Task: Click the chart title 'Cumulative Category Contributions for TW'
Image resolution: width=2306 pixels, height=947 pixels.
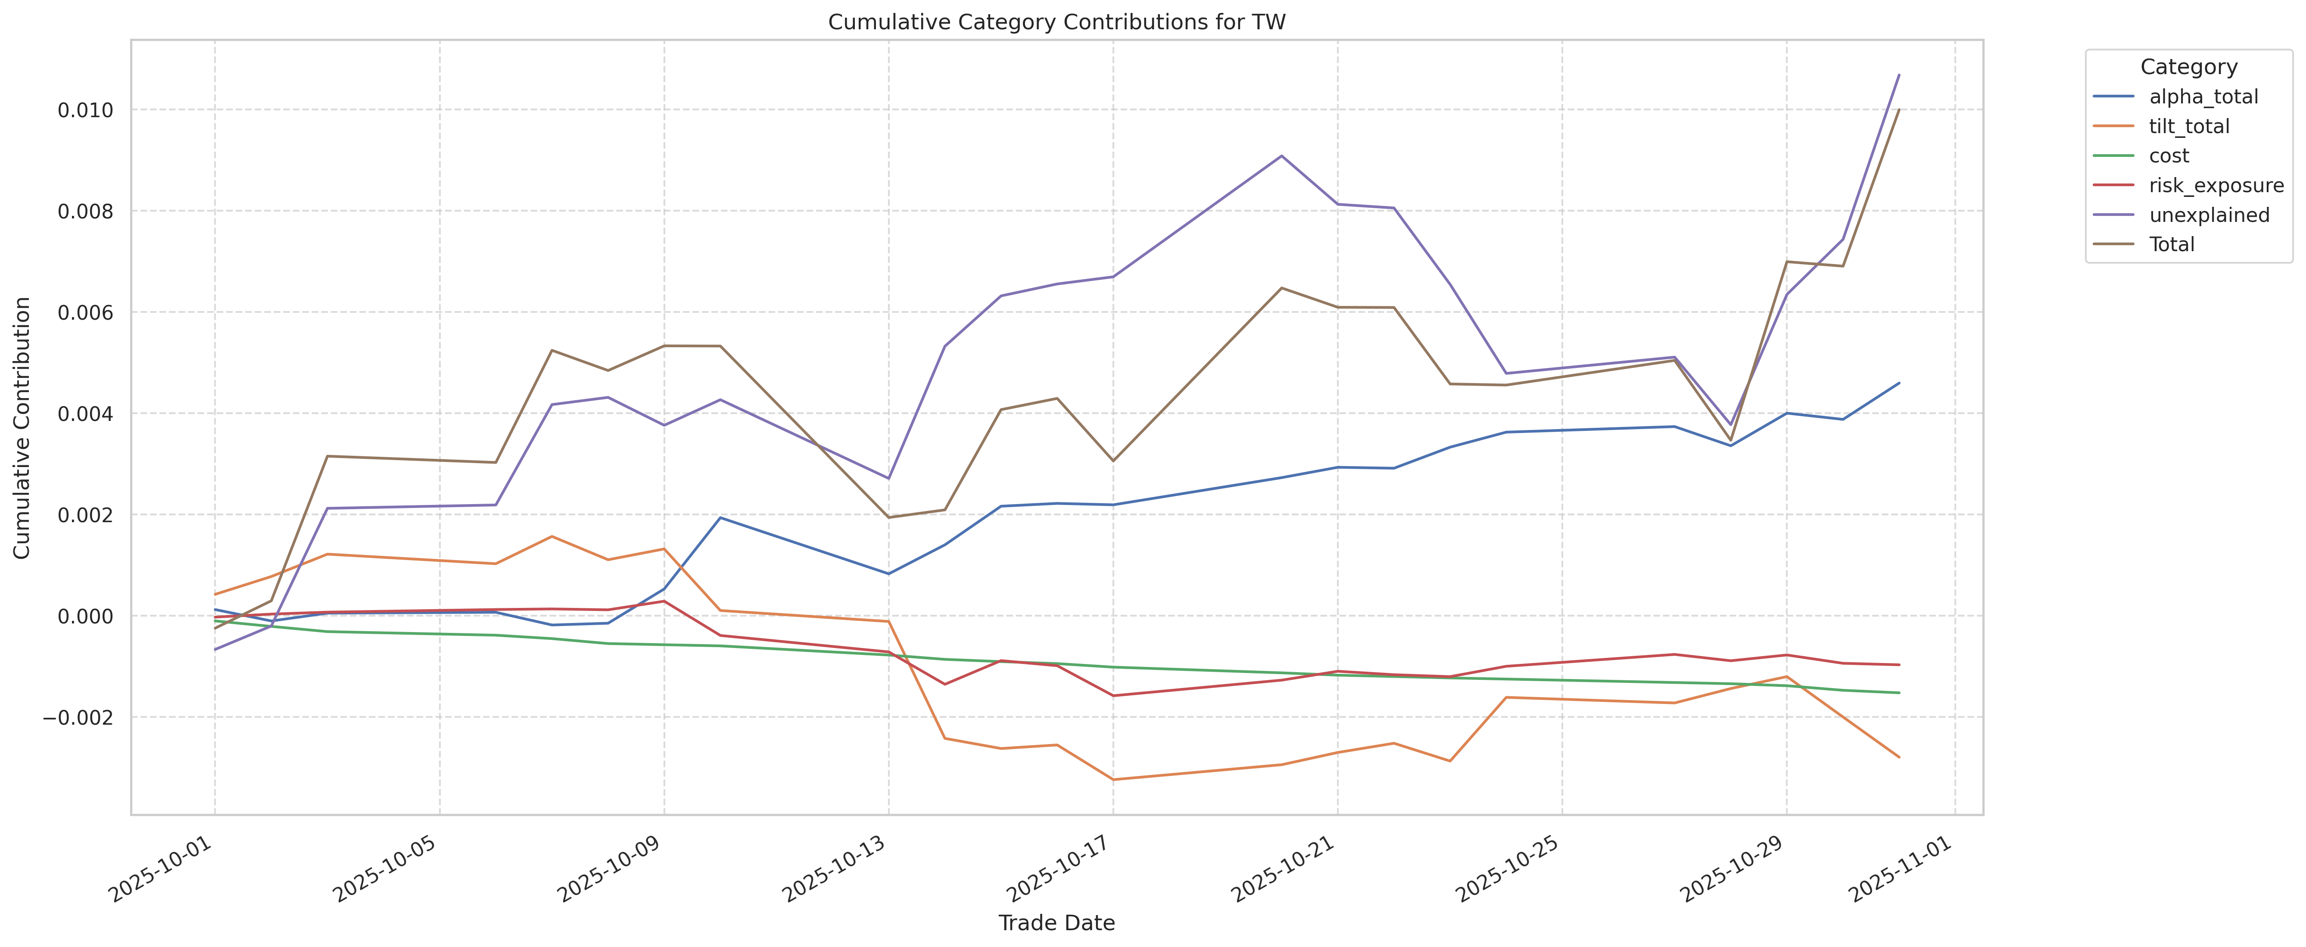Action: [x=1056, y=22]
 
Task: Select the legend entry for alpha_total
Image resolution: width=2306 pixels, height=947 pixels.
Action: [x=2203, y=97]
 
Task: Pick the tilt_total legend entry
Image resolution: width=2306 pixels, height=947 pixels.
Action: [x=2189, y=126]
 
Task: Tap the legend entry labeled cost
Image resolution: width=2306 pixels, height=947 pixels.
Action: [x=2169, y=156]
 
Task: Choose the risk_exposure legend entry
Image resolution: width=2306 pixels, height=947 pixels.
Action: [x=2216, y=185]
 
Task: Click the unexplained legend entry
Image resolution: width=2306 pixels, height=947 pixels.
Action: [x=2209, y=215]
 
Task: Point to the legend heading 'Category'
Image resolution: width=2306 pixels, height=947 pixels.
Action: [x=2188, y=67]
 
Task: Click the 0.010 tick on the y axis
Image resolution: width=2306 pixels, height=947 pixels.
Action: [x=86, y=110]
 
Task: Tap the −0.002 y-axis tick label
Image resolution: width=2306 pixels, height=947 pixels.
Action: [x=79, y=717]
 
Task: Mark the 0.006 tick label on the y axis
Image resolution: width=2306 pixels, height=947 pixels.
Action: [x=86, y=312]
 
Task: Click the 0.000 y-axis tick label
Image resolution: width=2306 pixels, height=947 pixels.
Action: [x=86, y=616]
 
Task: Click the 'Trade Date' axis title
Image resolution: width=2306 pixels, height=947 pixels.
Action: [x=1056, y=923]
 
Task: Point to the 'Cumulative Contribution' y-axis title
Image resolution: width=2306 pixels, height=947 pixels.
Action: [x=22, y=428]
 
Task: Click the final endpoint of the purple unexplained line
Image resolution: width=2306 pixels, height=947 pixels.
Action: [x=1899, y=75]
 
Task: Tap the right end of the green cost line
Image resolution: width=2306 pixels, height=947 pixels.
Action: [x=1899, y=693]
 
